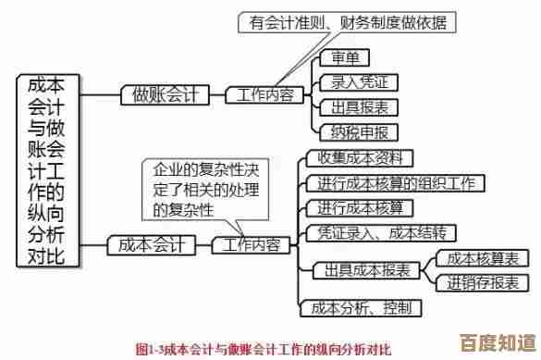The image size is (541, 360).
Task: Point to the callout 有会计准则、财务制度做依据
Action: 349,22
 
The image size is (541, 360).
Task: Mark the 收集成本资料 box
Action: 359,157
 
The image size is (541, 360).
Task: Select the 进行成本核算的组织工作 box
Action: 394,182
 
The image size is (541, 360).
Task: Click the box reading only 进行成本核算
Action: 359,206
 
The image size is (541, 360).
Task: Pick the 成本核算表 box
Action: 482,257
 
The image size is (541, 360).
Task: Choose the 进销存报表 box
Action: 482,281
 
